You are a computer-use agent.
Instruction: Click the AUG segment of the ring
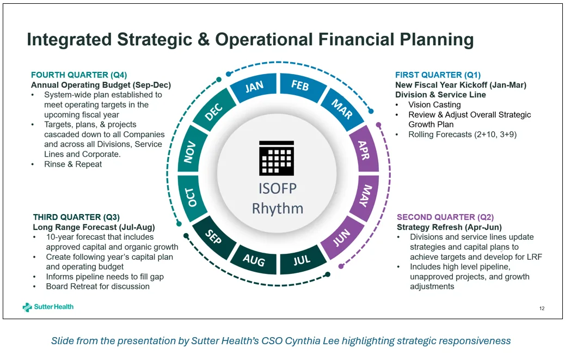pos(254,260)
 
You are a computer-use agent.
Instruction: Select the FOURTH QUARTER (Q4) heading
pos(79,75)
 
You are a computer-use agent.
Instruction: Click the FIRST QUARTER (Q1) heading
pos(438,75)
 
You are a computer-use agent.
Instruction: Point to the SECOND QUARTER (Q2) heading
pos(445,217)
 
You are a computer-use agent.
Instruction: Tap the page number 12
pos(542,309)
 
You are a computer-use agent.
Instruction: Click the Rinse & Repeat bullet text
pos(73,164)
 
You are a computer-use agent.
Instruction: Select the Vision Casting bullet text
pos(434,105)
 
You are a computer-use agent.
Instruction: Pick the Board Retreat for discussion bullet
pos(97,286)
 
